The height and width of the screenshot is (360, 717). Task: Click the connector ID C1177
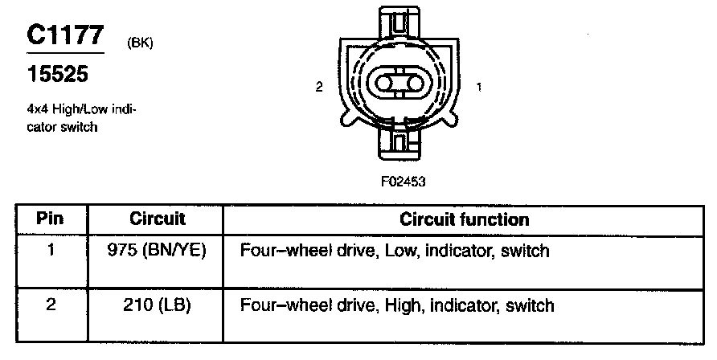(65, 35)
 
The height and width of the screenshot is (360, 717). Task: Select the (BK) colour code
(141, 43)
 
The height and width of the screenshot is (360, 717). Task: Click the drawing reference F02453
(403, 182)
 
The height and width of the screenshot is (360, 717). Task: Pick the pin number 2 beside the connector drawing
(319, 88)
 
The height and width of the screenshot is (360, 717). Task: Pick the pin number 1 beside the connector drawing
(480, 88)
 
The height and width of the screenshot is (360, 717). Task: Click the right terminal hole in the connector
(417, 84)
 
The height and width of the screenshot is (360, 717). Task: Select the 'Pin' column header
(50, 219)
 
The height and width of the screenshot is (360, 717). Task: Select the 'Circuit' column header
(157, 219)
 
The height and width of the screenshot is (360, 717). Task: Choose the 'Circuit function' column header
(464, 219)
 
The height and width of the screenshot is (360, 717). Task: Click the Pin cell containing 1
(50, 251)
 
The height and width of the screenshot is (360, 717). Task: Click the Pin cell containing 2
(50, 305)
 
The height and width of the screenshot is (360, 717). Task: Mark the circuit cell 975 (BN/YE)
(157, 251)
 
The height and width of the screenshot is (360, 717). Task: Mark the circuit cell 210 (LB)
(157, 305)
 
